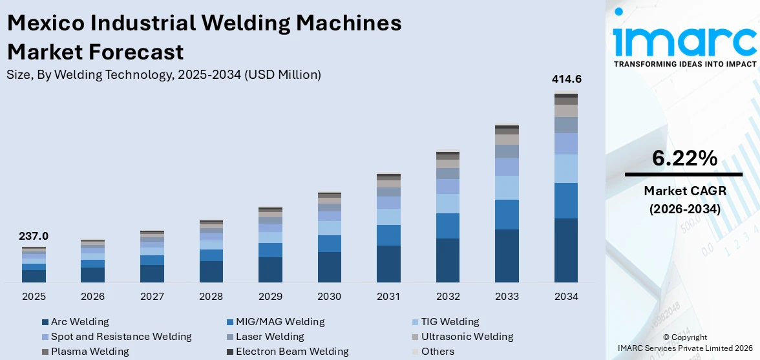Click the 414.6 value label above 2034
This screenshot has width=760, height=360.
click(x=566, y=79)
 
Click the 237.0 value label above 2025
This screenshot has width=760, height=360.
click(x=34, y=237)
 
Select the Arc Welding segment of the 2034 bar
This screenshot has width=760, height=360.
click(x=566, y=250)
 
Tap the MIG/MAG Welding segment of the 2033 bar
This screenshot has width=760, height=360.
click(x=507, y=215)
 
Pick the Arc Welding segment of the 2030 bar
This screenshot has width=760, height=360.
click(x=330, y=267)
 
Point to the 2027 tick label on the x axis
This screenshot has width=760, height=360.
click(x=152, y=297)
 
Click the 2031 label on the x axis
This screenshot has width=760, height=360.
click(x=388, y=297)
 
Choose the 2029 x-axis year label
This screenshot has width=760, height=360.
click(x=270, y=297)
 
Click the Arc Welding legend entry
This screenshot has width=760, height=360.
click(x=79, y=322)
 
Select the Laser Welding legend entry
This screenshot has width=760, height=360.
click(x=269, y=337)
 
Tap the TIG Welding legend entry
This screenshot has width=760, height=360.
click(x=450, y=322)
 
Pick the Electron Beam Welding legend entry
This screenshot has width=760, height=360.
click(x=291, y=352)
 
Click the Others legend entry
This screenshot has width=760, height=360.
click(x=437, y=352)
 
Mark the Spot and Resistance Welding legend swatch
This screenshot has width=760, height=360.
click(x=45, y=337)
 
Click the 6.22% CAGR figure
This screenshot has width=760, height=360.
click(x=684, y=158)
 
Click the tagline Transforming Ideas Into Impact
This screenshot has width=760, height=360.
click(x=684, y=64)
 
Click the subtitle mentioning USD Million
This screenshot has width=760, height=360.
click(x=164, y=74)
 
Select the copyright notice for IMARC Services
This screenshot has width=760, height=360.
click(x=684, y=343)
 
